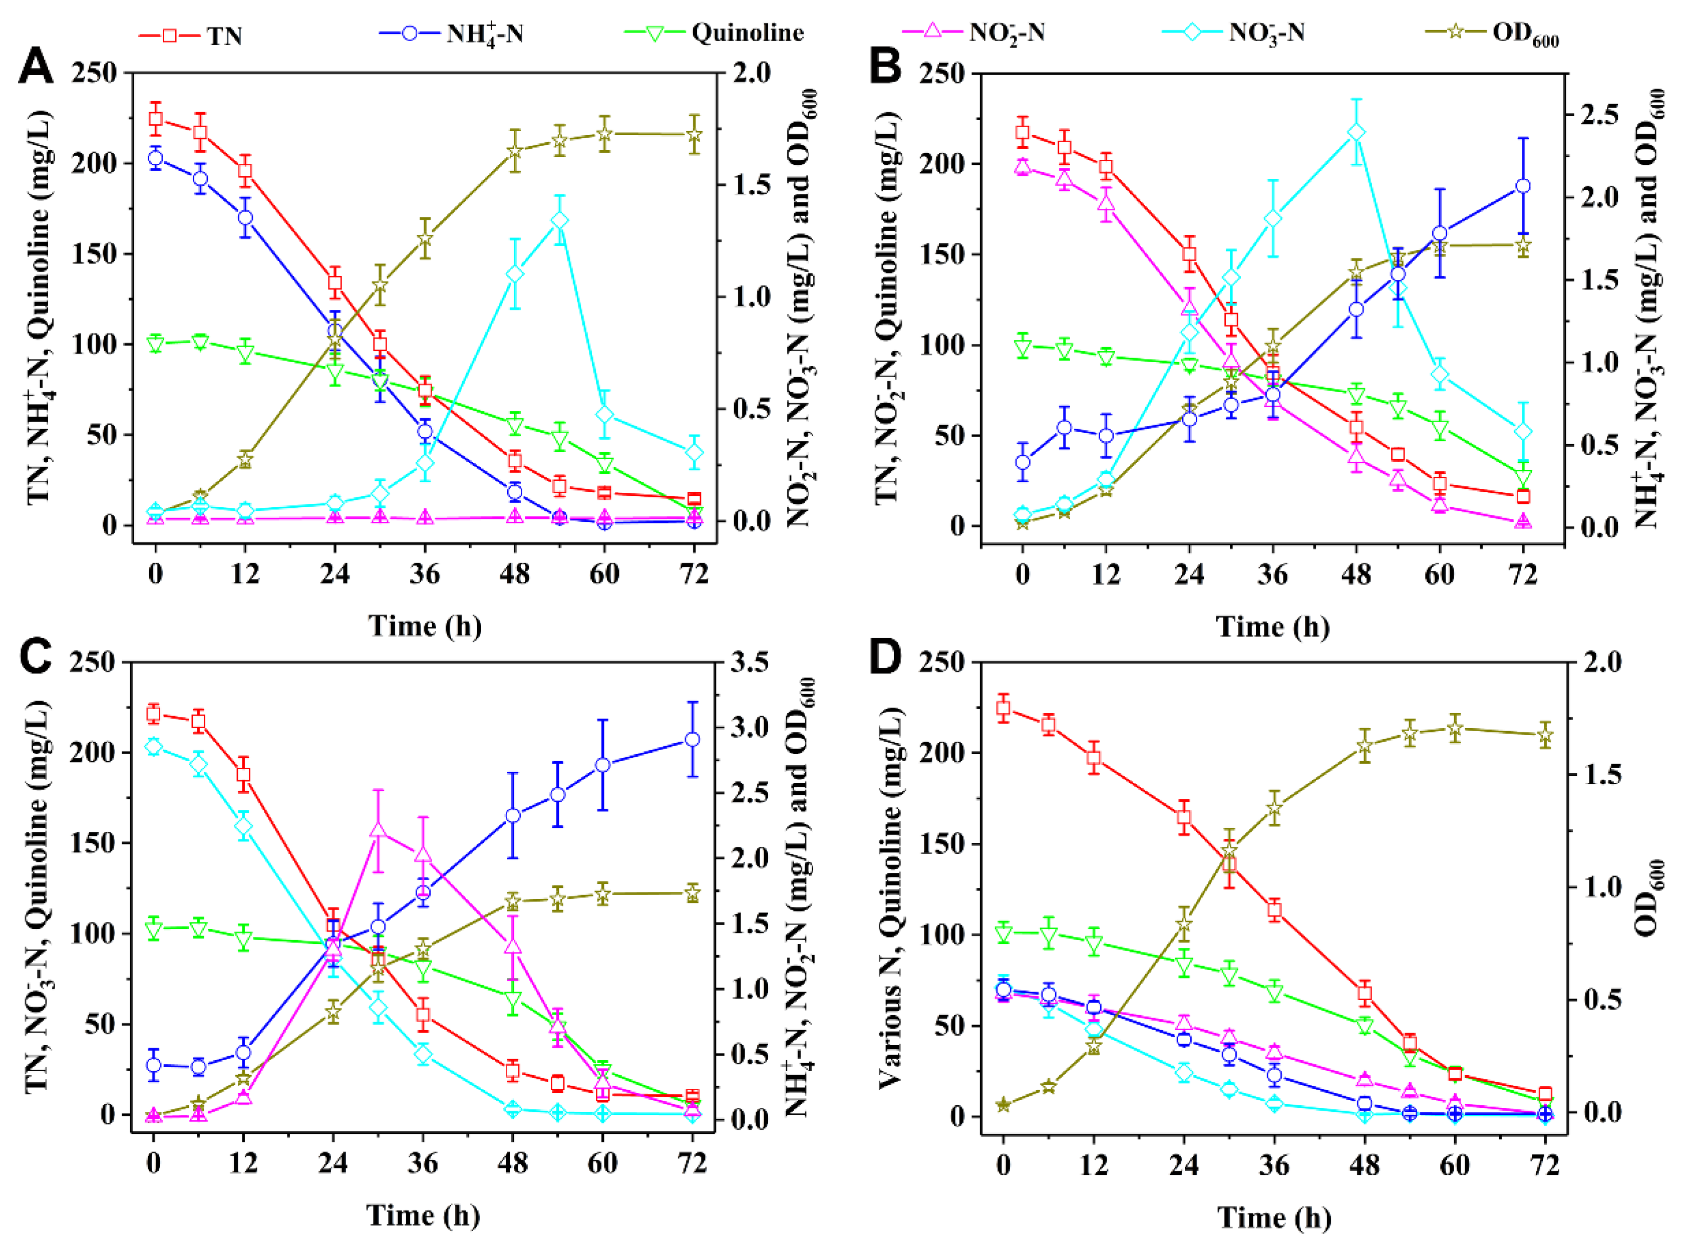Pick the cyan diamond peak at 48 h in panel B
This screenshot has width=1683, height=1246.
1356,133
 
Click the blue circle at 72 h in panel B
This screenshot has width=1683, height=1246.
1522,186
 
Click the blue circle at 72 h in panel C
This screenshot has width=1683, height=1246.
692,739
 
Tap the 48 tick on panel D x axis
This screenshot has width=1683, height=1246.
1364,1164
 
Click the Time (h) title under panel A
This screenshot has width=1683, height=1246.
425,626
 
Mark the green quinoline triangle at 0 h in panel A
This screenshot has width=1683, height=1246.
156,345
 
